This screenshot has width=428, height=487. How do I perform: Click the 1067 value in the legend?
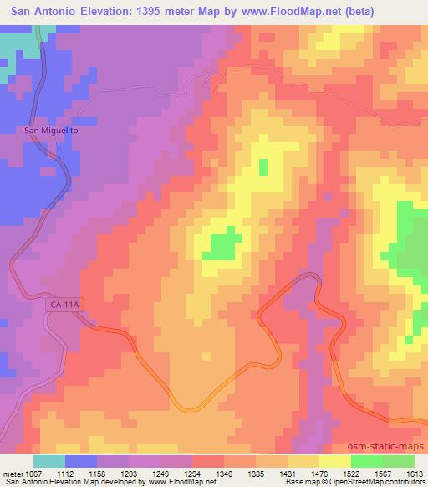(x=26, y=473)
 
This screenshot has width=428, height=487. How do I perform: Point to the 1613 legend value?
(x=415, y=473)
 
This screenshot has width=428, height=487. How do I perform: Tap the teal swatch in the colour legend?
(x=49, y=460)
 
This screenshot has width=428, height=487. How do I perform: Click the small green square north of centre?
(x=264, y=167)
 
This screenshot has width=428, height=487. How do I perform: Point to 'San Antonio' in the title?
(x=39, y=11)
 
